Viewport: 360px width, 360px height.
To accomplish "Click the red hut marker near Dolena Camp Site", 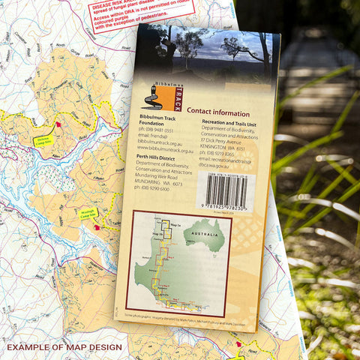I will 59,124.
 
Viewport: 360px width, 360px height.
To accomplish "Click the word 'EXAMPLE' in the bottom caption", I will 29,347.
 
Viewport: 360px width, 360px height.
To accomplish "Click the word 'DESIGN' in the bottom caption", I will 105,347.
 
